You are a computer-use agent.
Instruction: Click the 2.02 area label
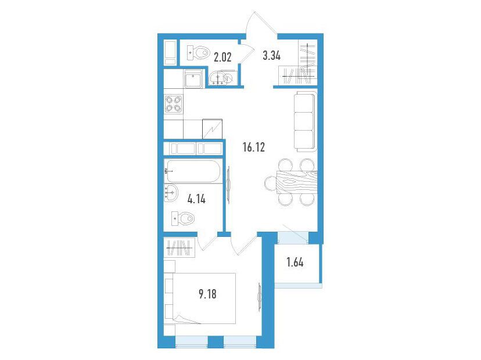click(222, 57)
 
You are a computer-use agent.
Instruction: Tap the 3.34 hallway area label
click(272, 56)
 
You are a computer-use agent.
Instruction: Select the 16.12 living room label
click(254, 147)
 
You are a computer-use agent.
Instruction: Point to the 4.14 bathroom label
click(196, 199)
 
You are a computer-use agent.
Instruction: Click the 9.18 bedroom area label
click(207, 294)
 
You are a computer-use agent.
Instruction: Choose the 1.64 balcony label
click(295, 262)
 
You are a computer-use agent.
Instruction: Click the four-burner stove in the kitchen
click(173, 104)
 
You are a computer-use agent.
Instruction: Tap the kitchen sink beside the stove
click(193, 78)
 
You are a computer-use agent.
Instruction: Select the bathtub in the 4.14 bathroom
click(192, 171)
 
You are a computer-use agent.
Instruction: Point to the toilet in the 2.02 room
click(198, 53)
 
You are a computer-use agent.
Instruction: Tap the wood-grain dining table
click(296, 182)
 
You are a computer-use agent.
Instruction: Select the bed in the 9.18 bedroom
click(204, 298)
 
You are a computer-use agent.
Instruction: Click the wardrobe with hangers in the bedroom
click(180, 247)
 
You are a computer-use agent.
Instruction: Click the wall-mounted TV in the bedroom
click(260, 297)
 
